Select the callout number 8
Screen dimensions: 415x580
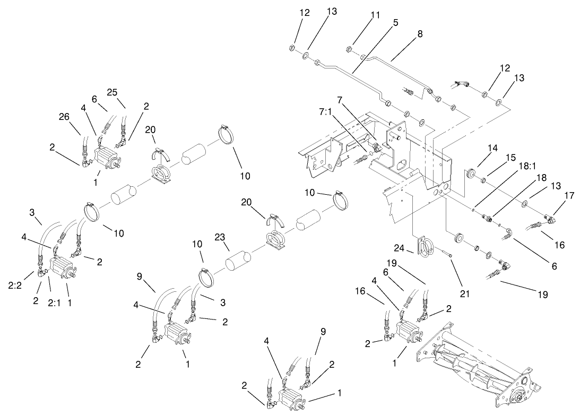pos(420,33)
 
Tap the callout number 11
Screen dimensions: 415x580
pos(376,15)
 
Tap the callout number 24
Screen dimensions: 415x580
pos(399,248)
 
